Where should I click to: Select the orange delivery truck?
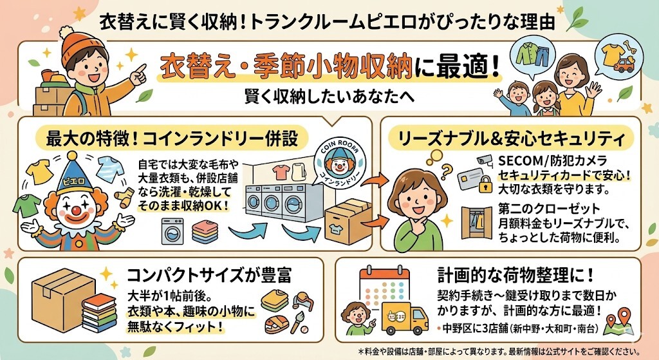coord(403,316)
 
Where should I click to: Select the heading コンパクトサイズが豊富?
coord(209,277)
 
